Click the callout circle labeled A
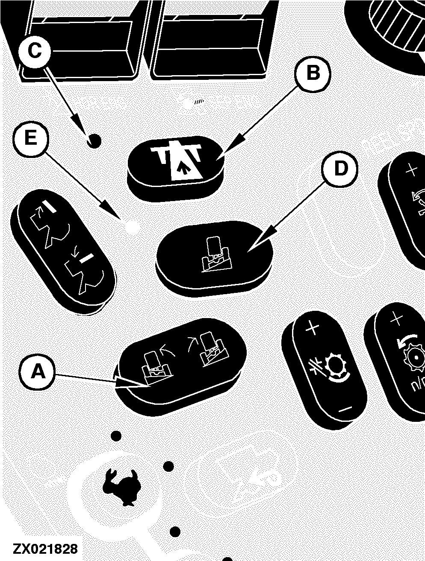(x=37, y=372)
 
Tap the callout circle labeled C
(x=34, y=50)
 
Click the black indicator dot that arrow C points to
(x=94, y=141)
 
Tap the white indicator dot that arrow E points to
(x=133, y=226)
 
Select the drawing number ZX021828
(x=45, y=549)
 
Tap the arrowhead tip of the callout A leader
(x=149, y=387)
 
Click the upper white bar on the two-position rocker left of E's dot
(x=49, y=206)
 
